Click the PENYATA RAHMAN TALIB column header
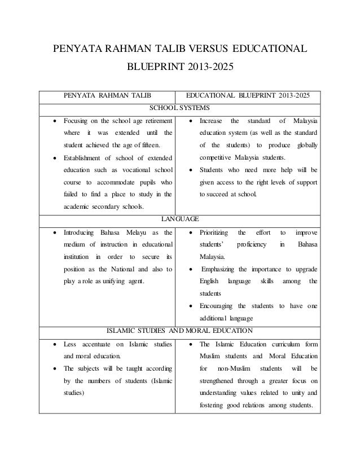point(106,95)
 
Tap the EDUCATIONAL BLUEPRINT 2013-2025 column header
point(248,95)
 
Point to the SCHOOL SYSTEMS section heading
point(179,108)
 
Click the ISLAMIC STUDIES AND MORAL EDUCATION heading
point(179,330)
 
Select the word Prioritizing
point(218,232)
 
